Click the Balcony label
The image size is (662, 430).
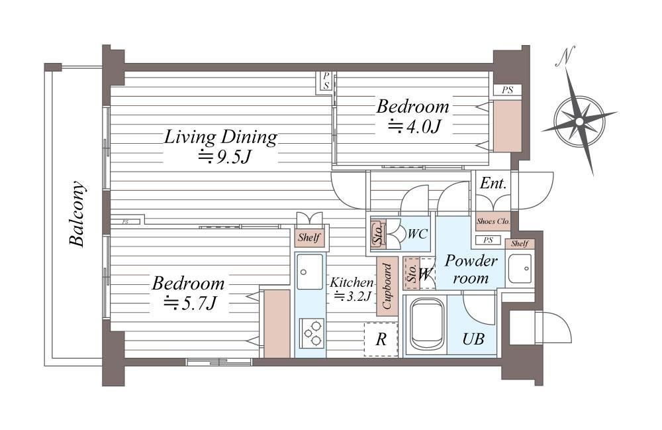[x=77, y=214]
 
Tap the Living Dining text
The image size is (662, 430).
[x=220, y=137]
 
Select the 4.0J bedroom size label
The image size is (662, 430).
[x=414, y=126]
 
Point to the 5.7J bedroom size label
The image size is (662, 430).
[x=191, y=302]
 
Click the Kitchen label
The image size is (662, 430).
[x=352, y=282]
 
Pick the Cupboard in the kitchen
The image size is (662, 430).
[x=387, y=286]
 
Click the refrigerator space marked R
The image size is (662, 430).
[x=381, y=340]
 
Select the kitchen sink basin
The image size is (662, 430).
[x=309, y=272]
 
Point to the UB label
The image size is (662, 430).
[x=473, y=339]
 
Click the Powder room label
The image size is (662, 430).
[x=471, y=269]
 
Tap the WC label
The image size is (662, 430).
[x=418, y=234]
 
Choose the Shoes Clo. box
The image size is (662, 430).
[x=493, y=221]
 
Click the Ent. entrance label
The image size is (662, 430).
[x=493, y=184]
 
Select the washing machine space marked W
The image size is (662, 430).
[x=426, y=274]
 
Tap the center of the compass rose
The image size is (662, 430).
[x=579, y=122]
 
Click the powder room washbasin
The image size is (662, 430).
[x=520, y=268]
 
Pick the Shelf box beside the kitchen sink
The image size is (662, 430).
[x=309, y=238]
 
